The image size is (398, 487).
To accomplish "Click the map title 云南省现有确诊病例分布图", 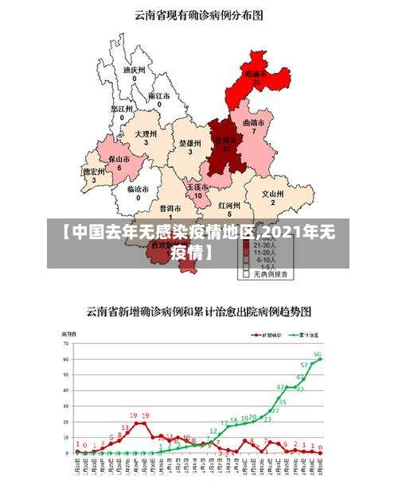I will [x=198, y=14].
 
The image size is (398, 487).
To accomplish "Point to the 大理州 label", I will [x=146, y=134].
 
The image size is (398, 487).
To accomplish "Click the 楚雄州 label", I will [x=189, y=144].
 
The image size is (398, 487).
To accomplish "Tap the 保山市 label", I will [x=119, y=160].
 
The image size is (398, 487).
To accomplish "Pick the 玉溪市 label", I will [x=197, y=187].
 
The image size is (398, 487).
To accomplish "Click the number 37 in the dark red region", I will [x=226, y=149].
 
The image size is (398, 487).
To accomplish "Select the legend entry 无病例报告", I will [x=271, y=274].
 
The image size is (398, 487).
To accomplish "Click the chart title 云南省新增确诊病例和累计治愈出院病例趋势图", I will [x=198, y=310].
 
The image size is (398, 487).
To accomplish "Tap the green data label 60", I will [x=318, y=354].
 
